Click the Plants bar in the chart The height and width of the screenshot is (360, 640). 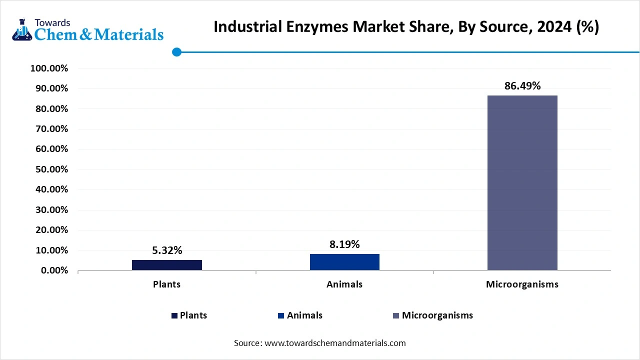pyautogui.click(x=167, y=265)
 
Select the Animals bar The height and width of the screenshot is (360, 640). pyautogui.click(x=344, y=262)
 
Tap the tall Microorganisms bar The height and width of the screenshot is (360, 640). pyautogui.click(x=522, y=182)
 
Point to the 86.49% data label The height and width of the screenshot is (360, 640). pyautogui.click(x=522, y=86)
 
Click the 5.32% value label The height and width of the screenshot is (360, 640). pyautogui.click(x=167, y=250)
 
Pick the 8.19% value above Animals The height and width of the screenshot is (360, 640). pyautogui.click(x=344, y=244)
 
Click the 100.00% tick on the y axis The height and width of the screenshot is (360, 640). pyautogui.click(x=49, y=68)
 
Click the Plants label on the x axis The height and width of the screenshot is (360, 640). pyautogui.click(x=167, y=284)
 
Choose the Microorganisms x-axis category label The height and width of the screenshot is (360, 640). pyautogui.click(x=522, y=284)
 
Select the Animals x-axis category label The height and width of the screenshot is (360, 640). pyautogui.click(x=344, y=284)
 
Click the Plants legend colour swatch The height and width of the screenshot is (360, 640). pyautogui.click(x=174, y=316)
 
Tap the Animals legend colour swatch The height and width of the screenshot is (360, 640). pyautogui.click(x=281, y=316)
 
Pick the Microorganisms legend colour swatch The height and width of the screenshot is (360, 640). pyautogui.click(x=396, y=316)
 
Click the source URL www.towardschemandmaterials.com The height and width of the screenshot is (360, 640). pyautogui.click(x=335, y=343)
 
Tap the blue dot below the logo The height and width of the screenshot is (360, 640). pyautogui.click(x=176, y=52)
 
